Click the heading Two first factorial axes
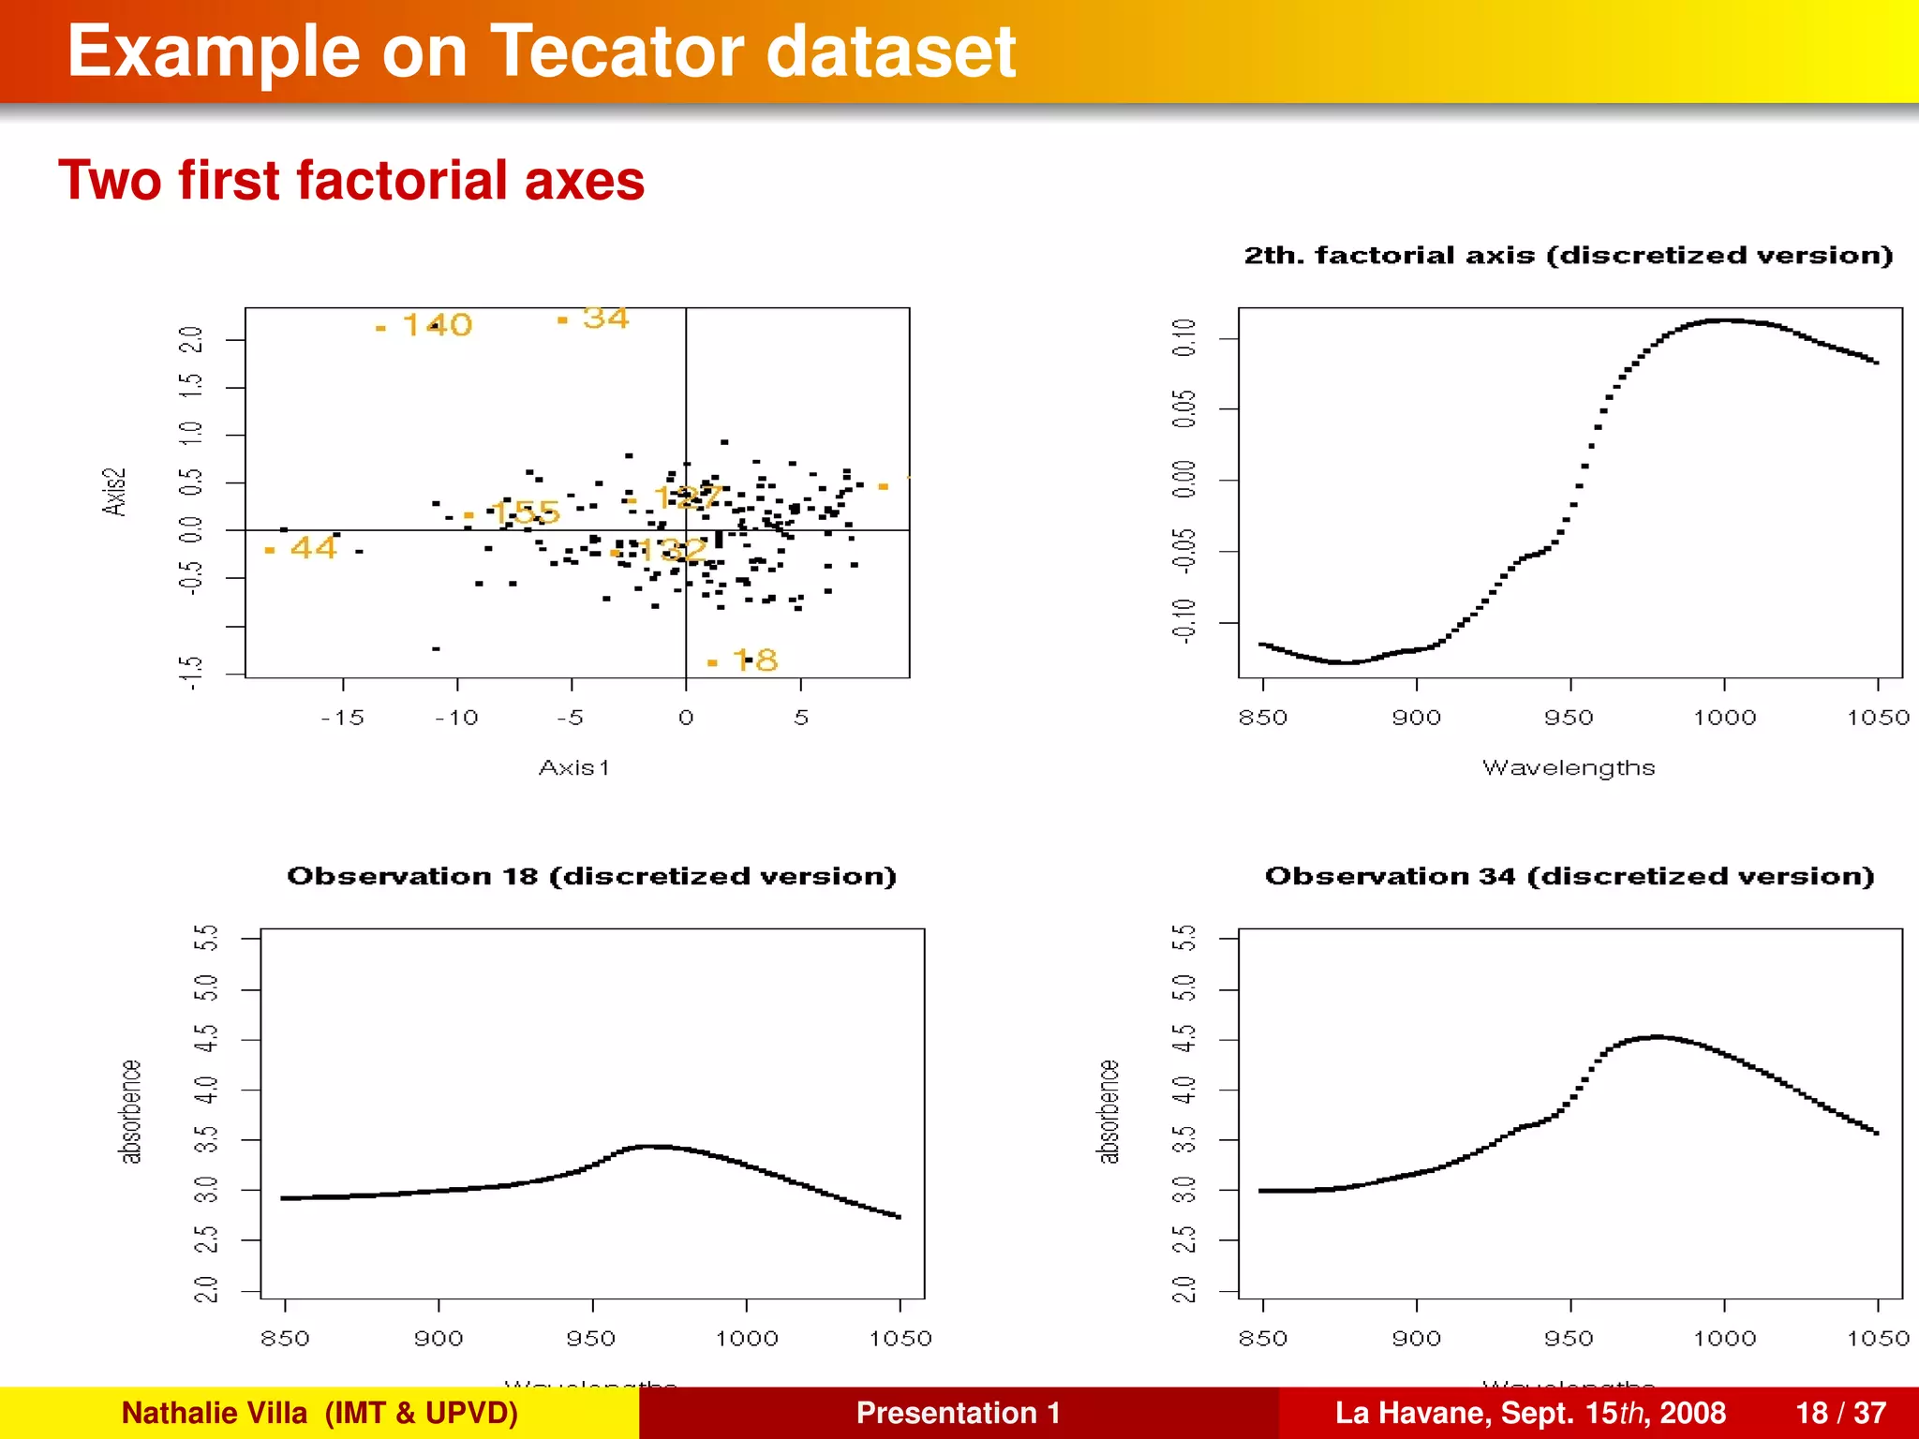pyautogui.click(x=351, y=180)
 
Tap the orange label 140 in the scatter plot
pyautogui.click(x=437, y=325)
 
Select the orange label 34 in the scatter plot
pyautogui.click(x=605, y=319)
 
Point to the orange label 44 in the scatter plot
pyautogui.click(x=313, y=547)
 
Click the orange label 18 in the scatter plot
pyautogui.click(x=755, y=660)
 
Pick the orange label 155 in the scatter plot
pyautogui.click(x=525, y=512)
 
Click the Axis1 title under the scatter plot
pyautogui.click(x=573, y=768)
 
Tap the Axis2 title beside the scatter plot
pyautogui.click(x=113, y=492)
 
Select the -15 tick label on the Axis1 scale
pyautogui.click(x=342, y=719)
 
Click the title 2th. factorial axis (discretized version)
pyautogui.click(x=1568, y=256)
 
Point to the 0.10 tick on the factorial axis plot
pyautogui.click(x=1184, y=337)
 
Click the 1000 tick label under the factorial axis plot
pyautogui.click(x=1724, y=719)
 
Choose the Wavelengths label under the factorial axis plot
pyautogui.click(x=1569, y=768)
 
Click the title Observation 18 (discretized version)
pyautogui.click(x=591, y=876)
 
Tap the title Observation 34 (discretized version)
pyautogui.click(x=1569, y=876)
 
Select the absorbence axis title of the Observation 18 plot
pyautogui.click(x=130, y=1112)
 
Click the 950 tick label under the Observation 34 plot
pyautogui.click(x=1569, y=1339)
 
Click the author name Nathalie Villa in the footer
pyautogui.click(x=215, y=1413)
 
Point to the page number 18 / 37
pyautogui.click(x=1840, y=1413)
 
